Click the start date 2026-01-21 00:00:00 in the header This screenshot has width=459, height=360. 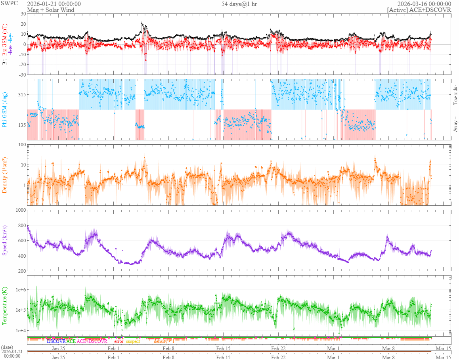coord(54,4)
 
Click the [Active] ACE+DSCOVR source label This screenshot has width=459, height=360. coord(419,10)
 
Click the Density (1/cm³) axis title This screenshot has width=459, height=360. coord(5,175)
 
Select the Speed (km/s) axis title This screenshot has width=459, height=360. coord(5,240)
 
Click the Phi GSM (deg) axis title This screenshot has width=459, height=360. coord(5,109)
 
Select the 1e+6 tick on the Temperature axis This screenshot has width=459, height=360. coord(19,290)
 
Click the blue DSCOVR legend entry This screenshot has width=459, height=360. coord(56,341)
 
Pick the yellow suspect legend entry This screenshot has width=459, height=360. coord(133,341)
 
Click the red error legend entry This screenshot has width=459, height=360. coord(119,341)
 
